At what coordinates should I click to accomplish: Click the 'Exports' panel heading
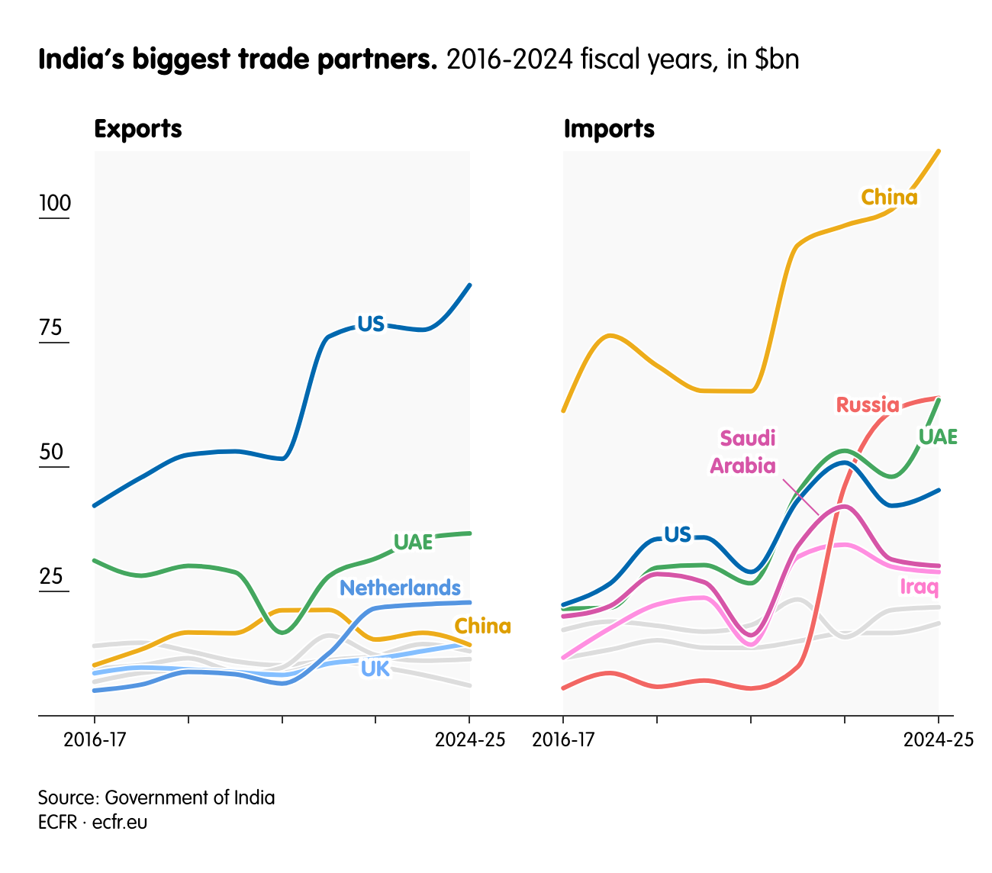coord(137,129)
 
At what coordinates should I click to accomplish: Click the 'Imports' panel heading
coord(609,129)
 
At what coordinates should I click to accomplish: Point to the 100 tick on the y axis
coord(55,204)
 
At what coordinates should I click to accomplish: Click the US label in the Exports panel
coord(371,324)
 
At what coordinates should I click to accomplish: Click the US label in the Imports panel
coord(677,534)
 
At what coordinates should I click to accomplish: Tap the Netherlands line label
coord(400,588)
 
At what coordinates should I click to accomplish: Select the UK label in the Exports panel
coord(375,668)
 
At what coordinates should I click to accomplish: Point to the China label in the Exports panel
coord(482,627)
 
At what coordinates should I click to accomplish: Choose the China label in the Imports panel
coord(889,198)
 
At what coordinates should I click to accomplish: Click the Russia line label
coord(868,404)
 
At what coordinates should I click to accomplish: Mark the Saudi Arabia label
coord(743,452)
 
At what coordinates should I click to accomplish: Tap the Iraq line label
coord(919,587)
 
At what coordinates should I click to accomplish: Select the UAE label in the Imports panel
coord(937,436)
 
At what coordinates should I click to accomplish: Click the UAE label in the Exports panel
coord(413,542)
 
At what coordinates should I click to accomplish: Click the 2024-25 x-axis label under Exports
coord(469,739)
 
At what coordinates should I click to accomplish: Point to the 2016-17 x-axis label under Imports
coord(564,739)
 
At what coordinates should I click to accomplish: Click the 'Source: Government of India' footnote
coord(156,797)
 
